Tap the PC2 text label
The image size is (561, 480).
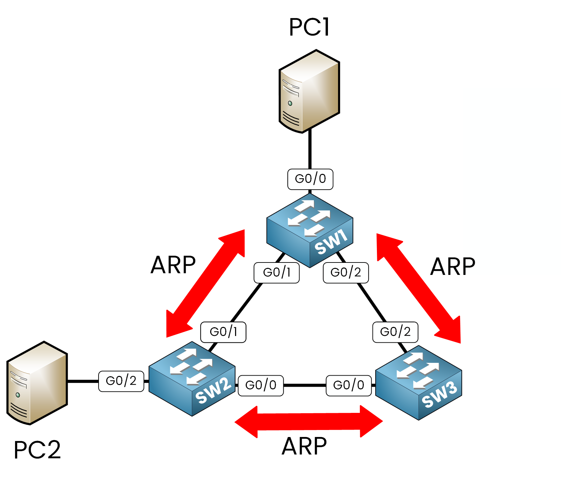coord(37,450)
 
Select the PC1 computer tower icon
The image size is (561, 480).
coord(309,91)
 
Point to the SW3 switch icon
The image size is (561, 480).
coord(418,383)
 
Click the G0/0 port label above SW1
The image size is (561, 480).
coord(310,179)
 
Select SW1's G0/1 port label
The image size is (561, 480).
coord(277,273)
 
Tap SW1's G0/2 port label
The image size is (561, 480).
coord(346,273)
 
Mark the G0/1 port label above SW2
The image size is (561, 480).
coord(223,332)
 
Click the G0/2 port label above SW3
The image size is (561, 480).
coord(395,332)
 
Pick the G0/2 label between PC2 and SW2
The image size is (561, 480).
coord(121,381)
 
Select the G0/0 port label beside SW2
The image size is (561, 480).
coord(261,385)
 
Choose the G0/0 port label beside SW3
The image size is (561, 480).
coord(349,385)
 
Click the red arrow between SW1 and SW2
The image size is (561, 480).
coord(206,284)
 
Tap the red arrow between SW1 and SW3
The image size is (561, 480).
coord(418,288)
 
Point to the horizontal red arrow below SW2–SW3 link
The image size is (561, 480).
coord(308,422)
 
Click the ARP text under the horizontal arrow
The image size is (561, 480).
coord(304,446)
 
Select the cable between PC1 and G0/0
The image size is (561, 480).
coord(310,149)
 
